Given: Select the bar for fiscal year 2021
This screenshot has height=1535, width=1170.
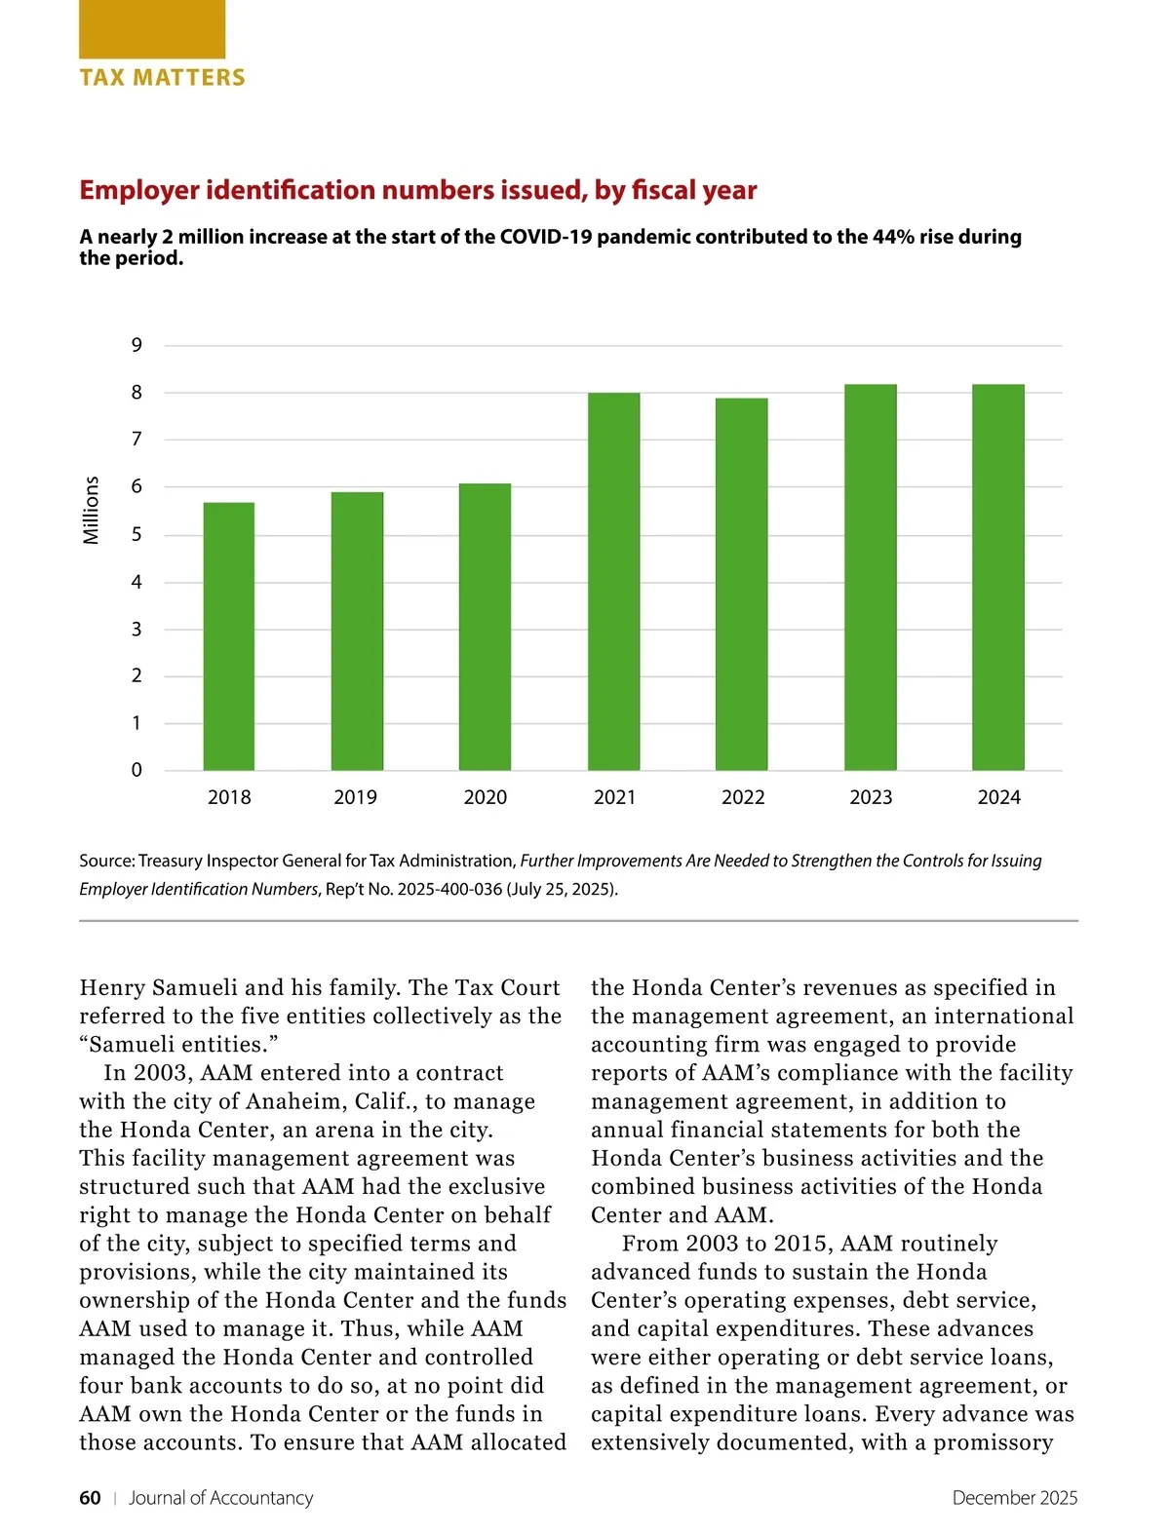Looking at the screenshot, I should coord(614,582).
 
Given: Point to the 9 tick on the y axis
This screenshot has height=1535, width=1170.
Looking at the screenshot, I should coord(136,345).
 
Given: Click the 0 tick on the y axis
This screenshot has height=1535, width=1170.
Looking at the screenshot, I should coord(136,770).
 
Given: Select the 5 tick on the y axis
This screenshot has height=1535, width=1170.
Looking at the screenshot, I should coord(136,534).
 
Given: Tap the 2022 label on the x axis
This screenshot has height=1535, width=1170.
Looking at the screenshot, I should coord(743,797).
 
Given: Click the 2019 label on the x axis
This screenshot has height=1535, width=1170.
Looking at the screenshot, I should coord(355,797).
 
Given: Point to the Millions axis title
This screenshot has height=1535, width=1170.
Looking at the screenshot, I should coord(91,510).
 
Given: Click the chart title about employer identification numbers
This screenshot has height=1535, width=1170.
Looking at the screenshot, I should coord(417,190).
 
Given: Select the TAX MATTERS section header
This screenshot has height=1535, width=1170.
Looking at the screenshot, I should coord(162,78).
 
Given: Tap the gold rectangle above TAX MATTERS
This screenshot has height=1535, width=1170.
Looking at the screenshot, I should coord(152,29).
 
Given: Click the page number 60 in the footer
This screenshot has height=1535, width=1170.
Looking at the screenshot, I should coord(90,1498).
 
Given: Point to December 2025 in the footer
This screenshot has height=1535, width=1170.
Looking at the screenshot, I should coord(1014,1498).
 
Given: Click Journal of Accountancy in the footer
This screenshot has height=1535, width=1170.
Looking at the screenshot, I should coord(220,1498).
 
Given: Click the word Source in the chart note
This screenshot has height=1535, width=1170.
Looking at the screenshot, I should coord(105,861).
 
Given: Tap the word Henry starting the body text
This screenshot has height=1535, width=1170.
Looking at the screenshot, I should coord(111,987).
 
